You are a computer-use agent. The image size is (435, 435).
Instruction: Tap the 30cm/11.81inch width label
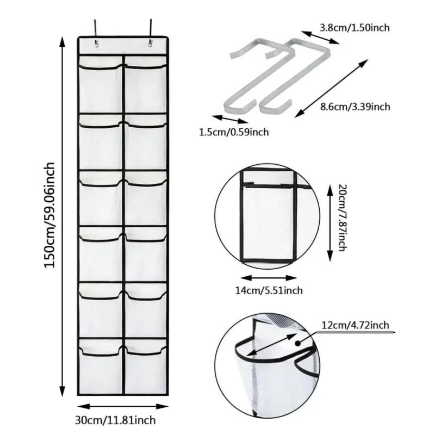(x=123, y=420)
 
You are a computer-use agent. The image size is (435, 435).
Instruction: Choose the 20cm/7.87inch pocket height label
(x=341, y=216)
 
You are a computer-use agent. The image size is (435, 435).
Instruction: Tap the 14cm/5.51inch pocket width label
(x=269, y=290)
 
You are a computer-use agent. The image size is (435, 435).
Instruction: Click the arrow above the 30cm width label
(x=123, y=406)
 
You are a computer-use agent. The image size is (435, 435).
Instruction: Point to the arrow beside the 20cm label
(x=330, y=222)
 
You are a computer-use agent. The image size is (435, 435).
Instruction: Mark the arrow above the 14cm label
(x=269, y=276)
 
